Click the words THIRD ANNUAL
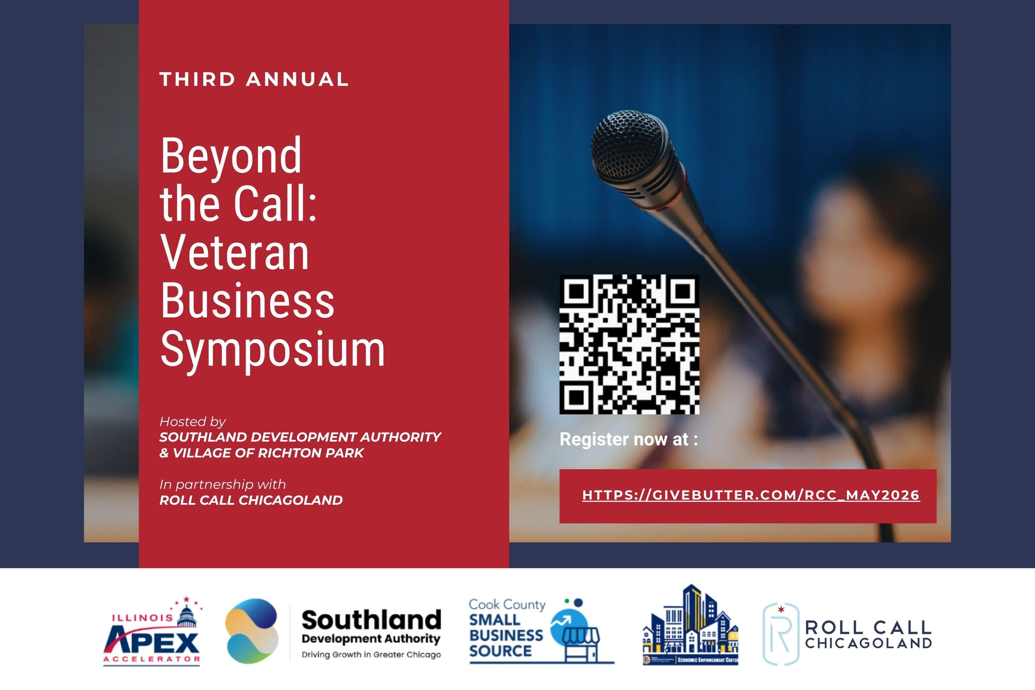[x=254, y=80]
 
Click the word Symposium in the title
[x=273, y=349]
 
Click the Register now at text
[x=628, y=439]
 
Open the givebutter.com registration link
[x=751, y=495]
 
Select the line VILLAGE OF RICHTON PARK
[x=262, y=453]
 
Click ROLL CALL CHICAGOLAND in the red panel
[x=251, y=500]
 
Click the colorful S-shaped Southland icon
[x=252, y=631]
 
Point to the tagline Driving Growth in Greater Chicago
[x=371, y=654]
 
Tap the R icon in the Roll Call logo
[x=780, y=634]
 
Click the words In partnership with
[x=222, y=484]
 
